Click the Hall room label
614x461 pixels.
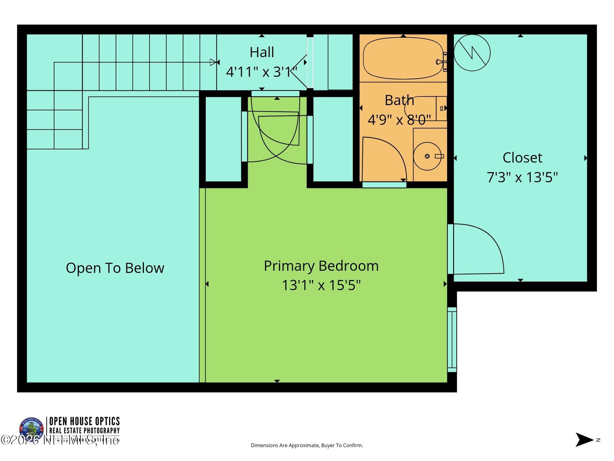(262, 52)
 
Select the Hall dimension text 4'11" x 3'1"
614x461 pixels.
(262, 72)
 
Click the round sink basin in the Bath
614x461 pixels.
(427, 156)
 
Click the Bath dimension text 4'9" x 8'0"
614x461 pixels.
(399, 120)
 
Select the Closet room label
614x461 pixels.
(522, 158)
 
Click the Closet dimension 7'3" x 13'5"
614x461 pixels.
(522, 177)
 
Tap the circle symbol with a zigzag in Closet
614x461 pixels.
(472, 53)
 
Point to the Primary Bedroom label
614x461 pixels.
(321, 266)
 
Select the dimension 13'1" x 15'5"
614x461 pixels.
(321, 285)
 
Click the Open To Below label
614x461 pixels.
(115, 268)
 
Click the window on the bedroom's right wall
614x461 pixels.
(452, 339)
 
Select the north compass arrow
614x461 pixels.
(584, 439)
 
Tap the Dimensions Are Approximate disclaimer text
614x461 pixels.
(307, 445)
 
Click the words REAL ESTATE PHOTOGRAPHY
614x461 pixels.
(84, 431)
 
